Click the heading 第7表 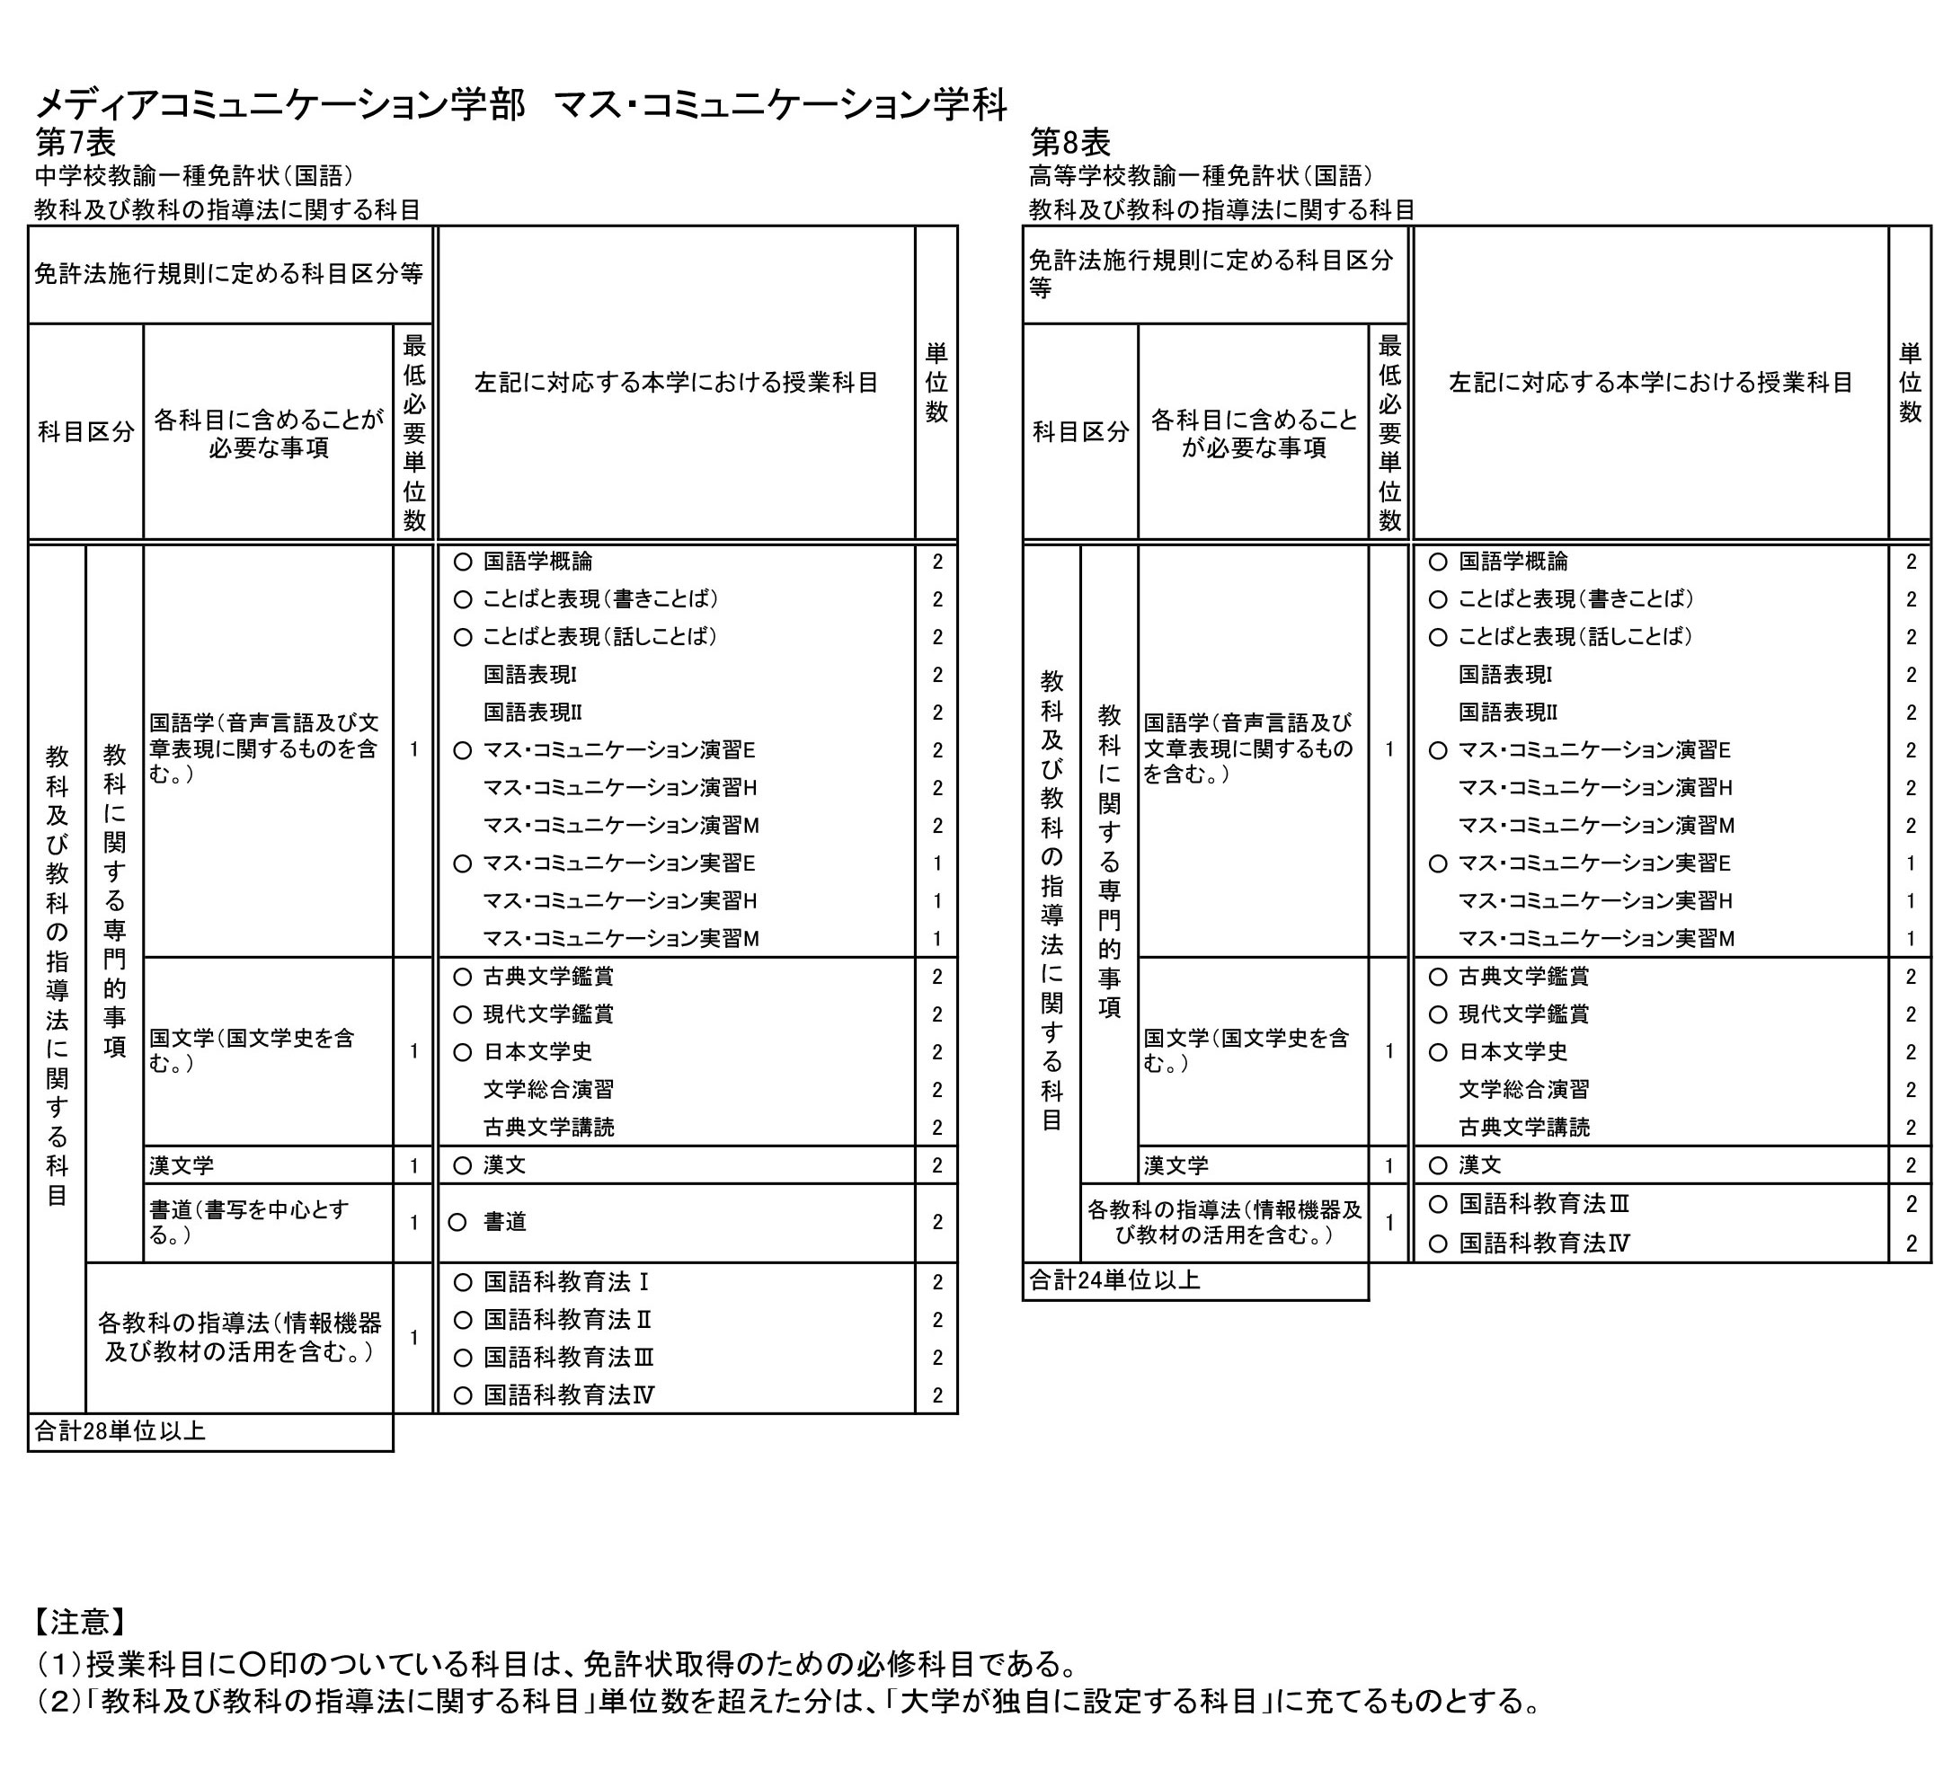tap(75, 142)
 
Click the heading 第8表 tap(1070, 142)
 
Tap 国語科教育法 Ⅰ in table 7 tap(566, 1281)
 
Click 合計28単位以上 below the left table tap(120, 1430)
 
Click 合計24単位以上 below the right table tap(1114, 1280)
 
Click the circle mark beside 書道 tap(457, 1223)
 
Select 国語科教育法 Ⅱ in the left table tap(567, 1319)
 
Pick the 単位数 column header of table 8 tap(1910, 383)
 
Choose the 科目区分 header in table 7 tap(85, 431)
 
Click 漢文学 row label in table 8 tap(1176, 1165)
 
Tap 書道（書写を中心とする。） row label tap(249, 1221)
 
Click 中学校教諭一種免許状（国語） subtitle tap(193, 175)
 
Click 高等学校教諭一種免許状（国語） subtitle tap(1201, 175)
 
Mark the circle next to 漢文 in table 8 tap(1438, 1165)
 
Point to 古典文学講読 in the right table tap(1524, 1127)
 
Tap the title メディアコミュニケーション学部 tap(279, 104)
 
